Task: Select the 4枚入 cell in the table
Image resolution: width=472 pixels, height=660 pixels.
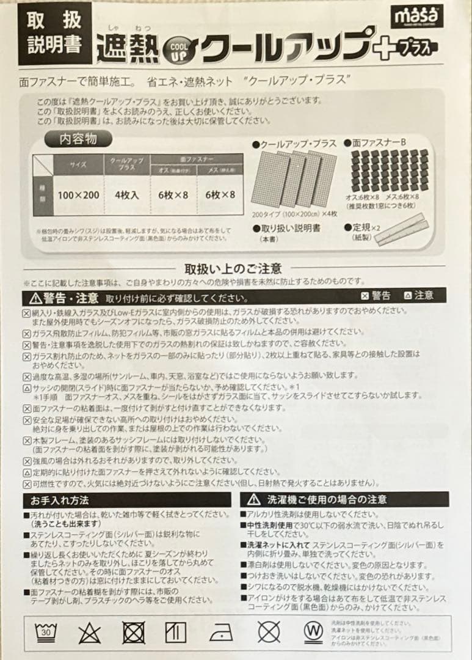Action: (x=126, y=195)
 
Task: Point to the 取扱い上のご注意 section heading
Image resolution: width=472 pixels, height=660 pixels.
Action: (x=233, y=268)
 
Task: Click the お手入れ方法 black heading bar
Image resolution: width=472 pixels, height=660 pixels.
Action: (x=126, y=500)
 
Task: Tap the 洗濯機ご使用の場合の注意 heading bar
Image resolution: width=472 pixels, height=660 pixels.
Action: (x=343, y=500)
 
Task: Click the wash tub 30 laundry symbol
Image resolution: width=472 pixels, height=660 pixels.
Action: (x=45, y=631)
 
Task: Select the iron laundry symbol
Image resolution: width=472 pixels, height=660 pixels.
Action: (x=221, y=631)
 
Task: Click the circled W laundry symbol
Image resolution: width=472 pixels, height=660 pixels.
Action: (x=313, y=630)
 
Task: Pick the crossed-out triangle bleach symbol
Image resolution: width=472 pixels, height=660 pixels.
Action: (x=89, y=631)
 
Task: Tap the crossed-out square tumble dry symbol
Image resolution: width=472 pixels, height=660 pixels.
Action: (x=133, y=631)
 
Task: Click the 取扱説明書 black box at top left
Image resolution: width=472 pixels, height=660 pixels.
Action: (x=54, y=33)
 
